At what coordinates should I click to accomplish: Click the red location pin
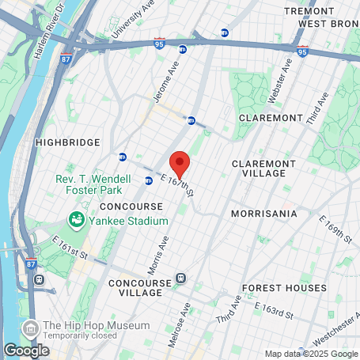click(x=180, y=163)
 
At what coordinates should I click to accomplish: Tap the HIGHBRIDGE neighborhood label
click(x=67, y=142)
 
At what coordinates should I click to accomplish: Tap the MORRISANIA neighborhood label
click(x=263, y=214)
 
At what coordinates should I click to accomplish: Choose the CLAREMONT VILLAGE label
click(x=263, y=168)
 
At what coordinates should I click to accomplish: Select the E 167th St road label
click(x=177, y=188)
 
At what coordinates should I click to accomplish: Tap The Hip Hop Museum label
click(x=97, y=325)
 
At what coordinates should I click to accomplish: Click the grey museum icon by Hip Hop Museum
click(x=30, y=327)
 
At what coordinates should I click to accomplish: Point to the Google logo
click(x=26, y=349)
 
